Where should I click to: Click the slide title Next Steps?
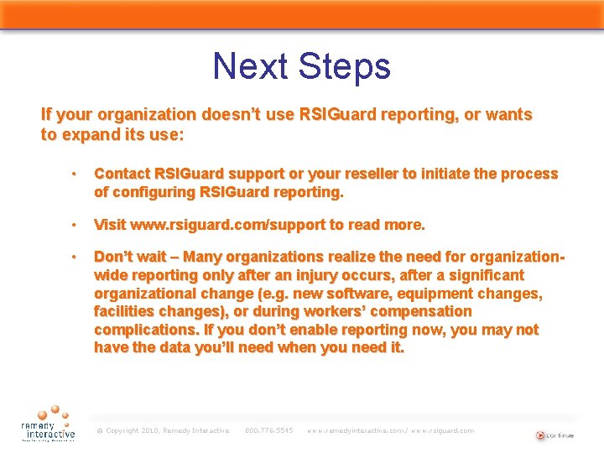(x=301, y=66)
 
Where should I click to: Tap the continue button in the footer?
(x=554, y=435)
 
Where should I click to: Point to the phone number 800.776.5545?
(x=268, y=430)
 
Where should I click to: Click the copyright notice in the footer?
(x=163, y=430)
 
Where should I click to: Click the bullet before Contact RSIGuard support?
(x=75, y=174)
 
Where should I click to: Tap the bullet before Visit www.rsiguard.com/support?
(x=75, y=226)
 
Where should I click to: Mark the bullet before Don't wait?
(x=75, y=257)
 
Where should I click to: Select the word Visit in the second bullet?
(x=109, y=225)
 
